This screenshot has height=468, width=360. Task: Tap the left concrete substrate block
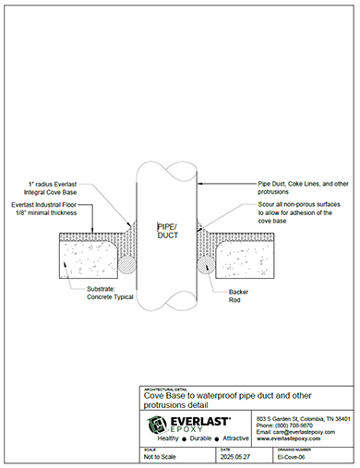pos(88,255)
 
